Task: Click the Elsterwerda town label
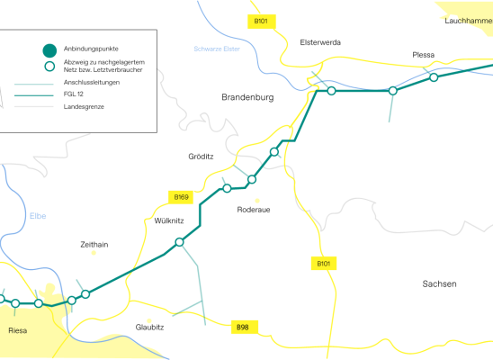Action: coord(320,42)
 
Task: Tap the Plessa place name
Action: coord(423,55)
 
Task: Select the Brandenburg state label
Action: coord(247,97)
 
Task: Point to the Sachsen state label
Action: coord(439,283)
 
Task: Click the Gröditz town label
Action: coord(201,157)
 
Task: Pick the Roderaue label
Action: coord(254,210)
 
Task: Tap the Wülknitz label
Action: coord(169,220)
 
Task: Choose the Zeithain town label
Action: coord(94,245)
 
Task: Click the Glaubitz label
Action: coord(149,328)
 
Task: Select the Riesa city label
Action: coord(18,330)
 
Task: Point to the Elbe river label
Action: coord(38,216)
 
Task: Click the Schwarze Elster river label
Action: coord(217,49)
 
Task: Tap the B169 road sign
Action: coord(181,197)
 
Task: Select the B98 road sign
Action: coord(245,328)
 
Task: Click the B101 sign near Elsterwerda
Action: coord(262,22)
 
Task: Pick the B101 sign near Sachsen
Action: coord(324,264)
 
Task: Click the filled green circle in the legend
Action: coord(49,50)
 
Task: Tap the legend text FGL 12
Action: coord(73,94)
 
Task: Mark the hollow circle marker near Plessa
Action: coord(434,77)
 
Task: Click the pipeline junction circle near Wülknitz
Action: coord(179,242)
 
